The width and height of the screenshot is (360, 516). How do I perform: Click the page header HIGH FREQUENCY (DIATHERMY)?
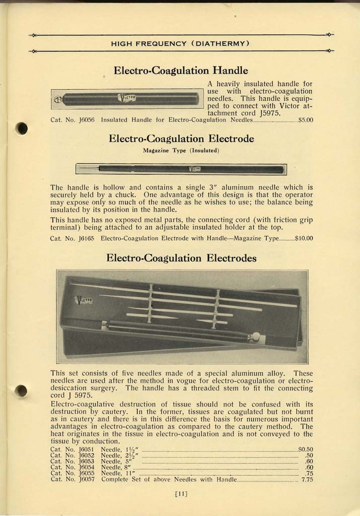(x=180, y=43)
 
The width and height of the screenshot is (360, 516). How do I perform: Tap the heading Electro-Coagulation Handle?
(x=181, y=70)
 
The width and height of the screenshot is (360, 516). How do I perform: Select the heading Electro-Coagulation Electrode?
(x=181, y=138)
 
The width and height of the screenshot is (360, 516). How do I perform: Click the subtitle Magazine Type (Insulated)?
(x=181, y=150)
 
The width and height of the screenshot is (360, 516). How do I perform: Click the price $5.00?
(x=306, y=120)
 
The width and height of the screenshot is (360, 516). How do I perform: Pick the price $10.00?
(x=304, y=238)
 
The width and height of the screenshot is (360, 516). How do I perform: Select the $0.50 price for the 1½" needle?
(x=306, y=449)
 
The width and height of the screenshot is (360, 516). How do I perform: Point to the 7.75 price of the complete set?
(x=307, y=479)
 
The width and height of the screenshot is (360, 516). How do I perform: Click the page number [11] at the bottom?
(x=180, y=494)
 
